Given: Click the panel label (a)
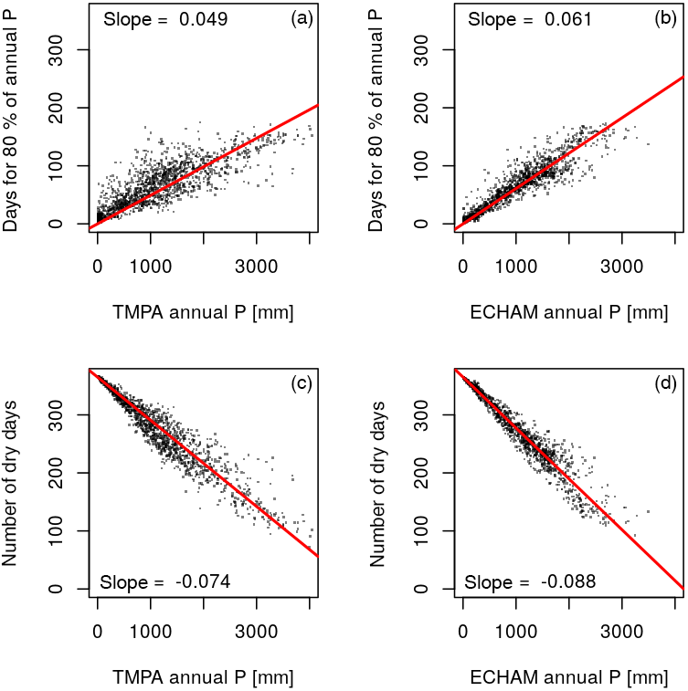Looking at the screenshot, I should [302, 18].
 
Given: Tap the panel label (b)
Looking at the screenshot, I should [666, 18].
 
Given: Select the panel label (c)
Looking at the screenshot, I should [302, 383].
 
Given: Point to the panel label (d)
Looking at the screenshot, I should [666, 383].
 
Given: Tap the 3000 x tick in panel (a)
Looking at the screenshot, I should [256, 267].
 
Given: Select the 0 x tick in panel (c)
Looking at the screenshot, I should [97, 632].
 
